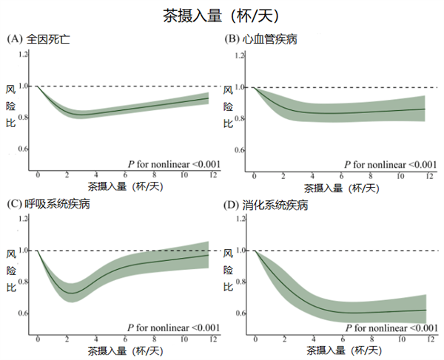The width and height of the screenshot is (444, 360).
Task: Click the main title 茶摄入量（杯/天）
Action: [221, 15]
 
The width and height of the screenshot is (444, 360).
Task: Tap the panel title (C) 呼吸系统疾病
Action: [48, 203]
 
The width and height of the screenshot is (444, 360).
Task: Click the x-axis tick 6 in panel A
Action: [125, 176]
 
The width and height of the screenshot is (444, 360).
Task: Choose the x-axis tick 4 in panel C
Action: [96, 339]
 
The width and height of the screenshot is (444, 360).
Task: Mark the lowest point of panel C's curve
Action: [70, 293]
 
